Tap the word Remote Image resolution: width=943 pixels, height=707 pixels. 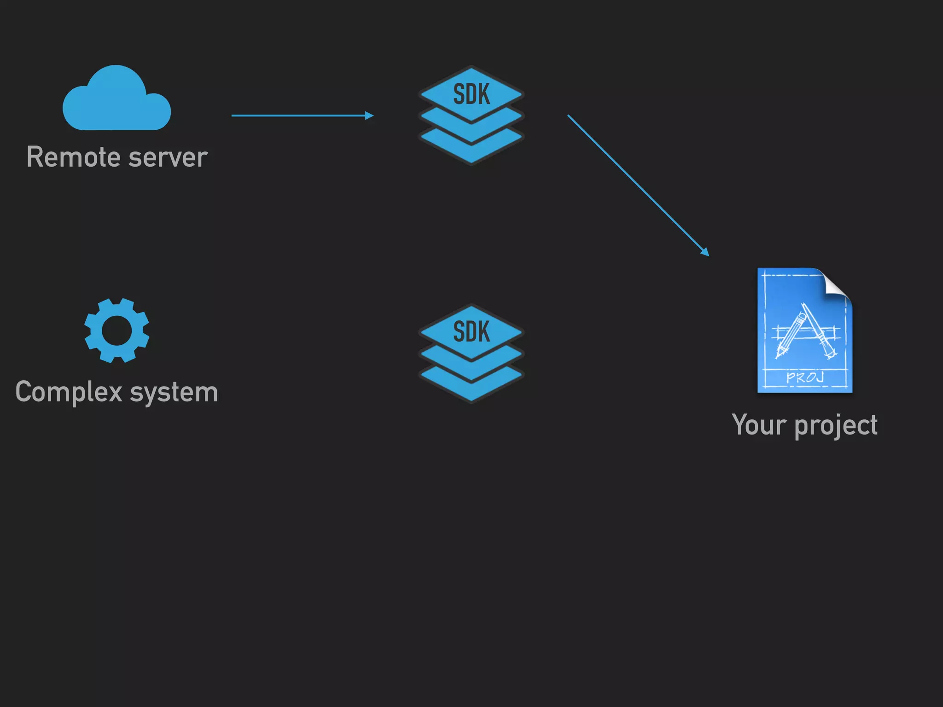pyautogui.click(x=73, y=157)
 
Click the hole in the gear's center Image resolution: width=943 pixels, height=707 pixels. pyautogui.click(x=116, y=330)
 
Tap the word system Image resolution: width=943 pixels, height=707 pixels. pyautogui.click(x=174, y=392)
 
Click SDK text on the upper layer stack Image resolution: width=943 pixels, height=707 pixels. pyautogui.click(x=471, y=94)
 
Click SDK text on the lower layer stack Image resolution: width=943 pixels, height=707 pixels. pyautogui.click(x=471, y=331)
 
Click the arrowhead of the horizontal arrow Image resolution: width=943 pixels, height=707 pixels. pyautogui.click(x=370, y=116)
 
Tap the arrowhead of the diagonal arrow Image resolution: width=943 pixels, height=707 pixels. pyautogui.click(x=705, y=252)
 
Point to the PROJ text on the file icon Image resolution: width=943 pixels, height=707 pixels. pyautogui.click(x=804, y=377)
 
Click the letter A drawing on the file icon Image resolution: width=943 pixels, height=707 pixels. pyautogui.click(x=806, y=331)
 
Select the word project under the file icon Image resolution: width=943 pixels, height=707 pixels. pyautogui.click(x=836, y=425)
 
